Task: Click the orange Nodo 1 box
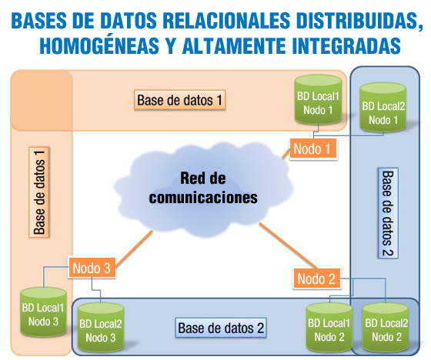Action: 313,148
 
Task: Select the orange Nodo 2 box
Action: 316,278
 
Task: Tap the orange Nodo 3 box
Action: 92,268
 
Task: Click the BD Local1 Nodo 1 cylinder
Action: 319,100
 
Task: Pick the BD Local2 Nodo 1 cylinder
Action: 383,108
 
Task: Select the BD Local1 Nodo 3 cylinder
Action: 43,312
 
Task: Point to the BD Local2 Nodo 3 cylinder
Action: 101,328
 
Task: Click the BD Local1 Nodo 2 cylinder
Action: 329,328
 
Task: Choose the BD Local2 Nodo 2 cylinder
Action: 386,328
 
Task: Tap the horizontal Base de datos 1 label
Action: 180,100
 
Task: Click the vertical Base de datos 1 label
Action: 39,192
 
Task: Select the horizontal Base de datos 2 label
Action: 221,328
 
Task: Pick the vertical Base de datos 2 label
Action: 388,213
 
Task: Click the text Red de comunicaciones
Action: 203,188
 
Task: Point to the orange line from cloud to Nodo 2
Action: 289,245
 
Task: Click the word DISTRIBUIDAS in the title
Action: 359,21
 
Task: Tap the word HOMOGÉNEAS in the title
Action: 99,45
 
